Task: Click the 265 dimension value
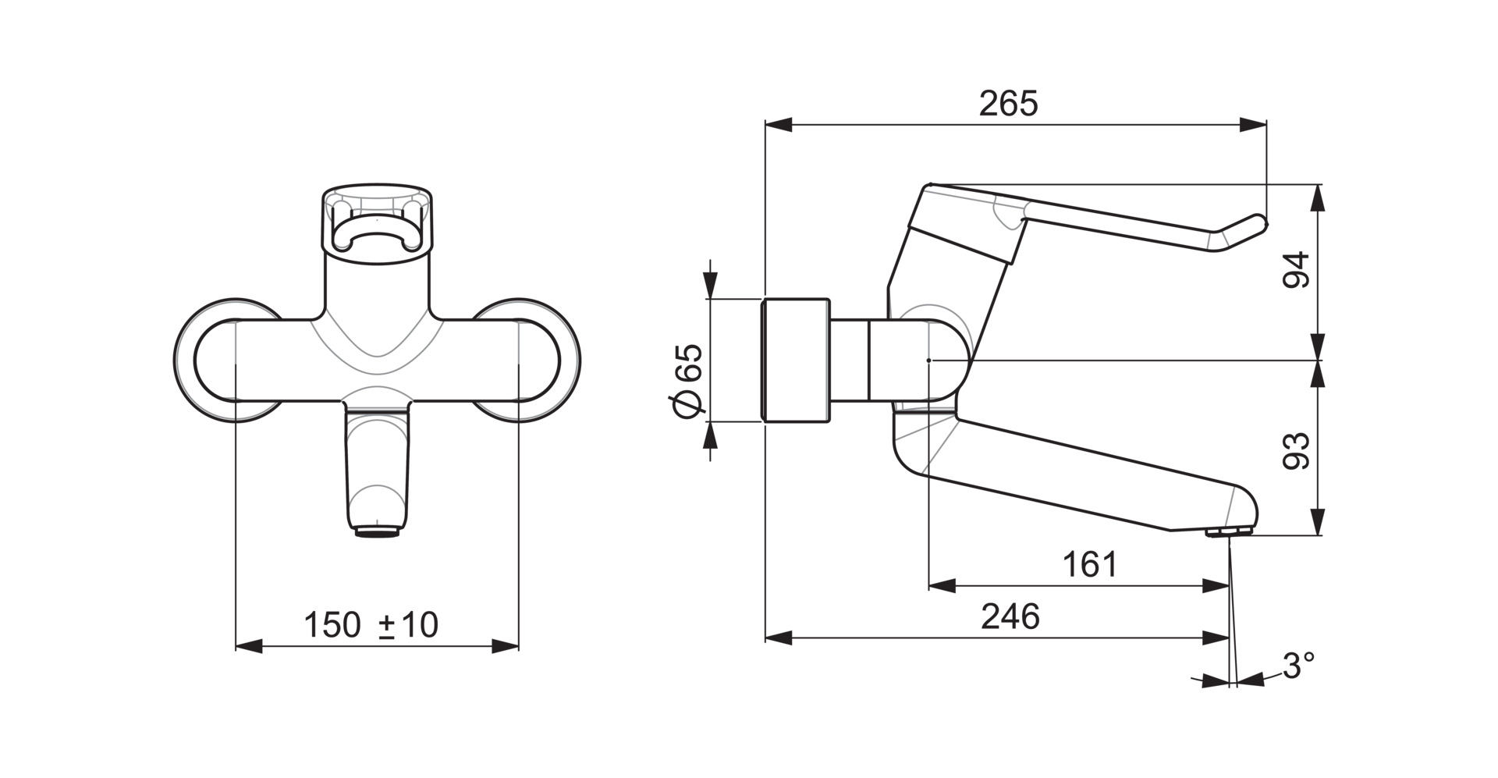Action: click(x=1009, y=104)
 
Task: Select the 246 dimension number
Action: click(x=1010, y=616)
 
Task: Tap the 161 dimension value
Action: click(x=1090, y=564)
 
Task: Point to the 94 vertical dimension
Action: click(x=1296, y=270)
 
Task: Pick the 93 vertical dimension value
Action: click(x=1296, y=451)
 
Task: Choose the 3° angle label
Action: click(x=1298, y=666)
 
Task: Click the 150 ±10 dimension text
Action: click(x=371, y=625)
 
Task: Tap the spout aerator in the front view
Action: click(x=378, y=532)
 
